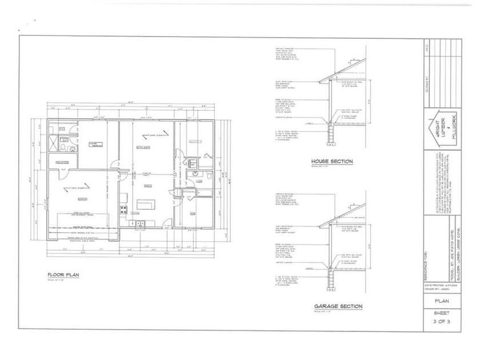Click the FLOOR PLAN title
(63, 275)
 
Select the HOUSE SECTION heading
(331, 161)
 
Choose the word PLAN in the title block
(440, 301)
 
